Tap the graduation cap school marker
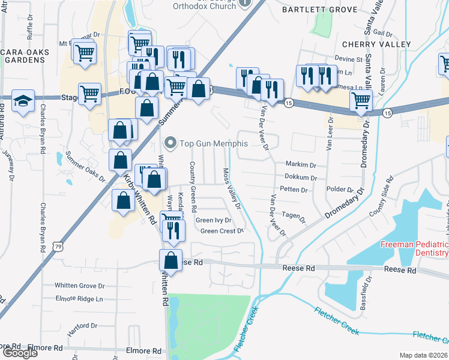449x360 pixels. pyautogui.click(x=23, y=101)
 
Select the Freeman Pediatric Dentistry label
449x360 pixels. pyautogui.click(x=415, y=249)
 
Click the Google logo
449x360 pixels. pyautogui.click(x=20, y=353)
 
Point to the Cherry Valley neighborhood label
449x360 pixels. pyautogui.click(x=376, y=44)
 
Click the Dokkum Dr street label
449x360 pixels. pyautogui.click(x=301, y=178)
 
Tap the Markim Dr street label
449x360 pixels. pyautogui.click(x=301, y=164)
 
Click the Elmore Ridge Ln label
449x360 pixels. pyautogui.click(x=79, y=299)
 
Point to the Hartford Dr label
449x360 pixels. pyautogui.click(x=83, y=326)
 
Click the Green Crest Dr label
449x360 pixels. pyautogui.click(x=221, y=231)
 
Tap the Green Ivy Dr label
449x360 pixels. pyautogui.click(x=214, y=220)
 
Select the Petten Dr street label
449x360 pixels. pyautogui.click(x=294, y=190)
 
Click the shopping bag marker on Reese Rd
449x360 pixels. pyautogui.click(x=170, y=261)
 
